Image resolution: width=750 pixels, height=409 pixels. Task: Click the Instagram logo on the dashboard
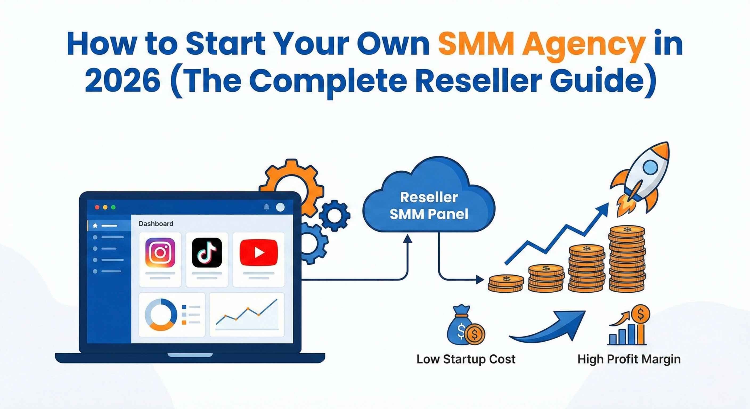[x=160, y=252]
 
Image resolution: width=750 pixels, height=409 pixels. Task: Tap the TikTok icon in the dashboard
[x=207, y=252]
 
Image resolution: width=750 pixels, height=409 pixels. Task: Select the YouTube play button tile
[x=259, y=252]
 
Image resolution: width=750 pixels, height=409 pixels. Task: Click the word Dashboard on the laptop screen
[x=156, y=224]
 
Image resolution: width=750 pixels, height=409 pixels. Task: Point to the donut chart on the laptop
[x=161, y=314]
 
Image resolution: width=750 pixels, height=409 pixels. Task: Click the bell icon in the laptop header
[x=266, y=207]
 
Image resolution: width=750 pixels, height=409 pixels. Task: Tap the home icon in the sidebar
[x=95, y=226]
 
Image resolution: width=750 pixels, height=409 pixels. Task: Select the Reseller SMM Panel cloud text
[x=429, y=206]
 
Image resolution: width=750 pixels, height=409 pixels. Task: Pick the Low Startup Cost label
[x=466, y=359]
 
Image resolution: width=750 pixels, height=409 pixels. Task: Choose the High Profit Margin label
[x=629, y=359]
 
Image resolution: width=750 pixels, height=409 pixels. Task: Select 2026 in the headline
[x=123, y=80]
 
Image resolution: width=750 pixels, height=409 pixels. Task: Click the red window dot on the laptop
[x=97, y=207]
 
